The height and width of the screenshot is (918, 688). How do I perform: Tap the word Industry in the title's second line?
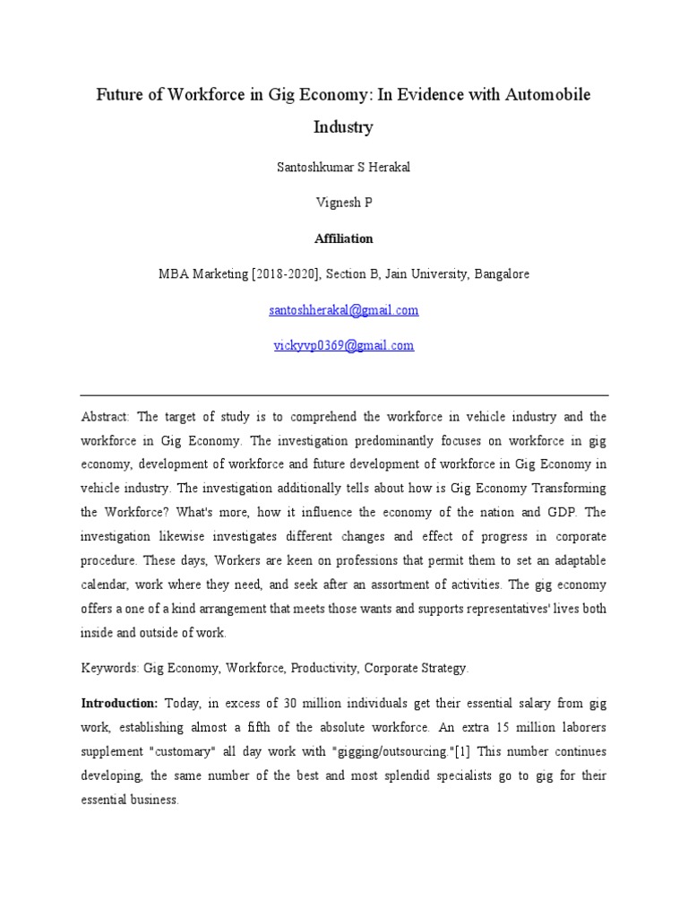(x=343, y=127)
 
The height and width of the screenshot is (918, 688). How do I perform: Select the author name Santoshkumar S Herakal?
(x=343, y=169)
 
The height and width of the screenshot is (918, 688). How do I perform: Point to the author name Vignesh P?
(x=343, y=204)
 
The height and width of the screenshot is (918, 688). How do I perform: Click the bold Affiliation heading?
(x=343, y=239)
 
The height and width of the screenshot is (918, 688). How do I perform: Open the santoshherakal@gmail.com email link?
(x=343, y=310)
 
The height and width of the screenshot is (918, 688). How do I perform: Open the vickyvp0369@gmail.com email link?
(x=343, y=345)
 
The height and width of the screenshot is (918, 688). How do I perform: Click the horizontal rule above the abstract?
(x=344, y=395)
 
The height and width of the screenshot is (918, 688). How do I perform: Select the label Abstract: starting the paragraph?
(x=106, y=417)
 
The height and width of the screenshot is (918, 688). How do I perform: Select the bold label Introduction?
(x=119, y=704)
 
